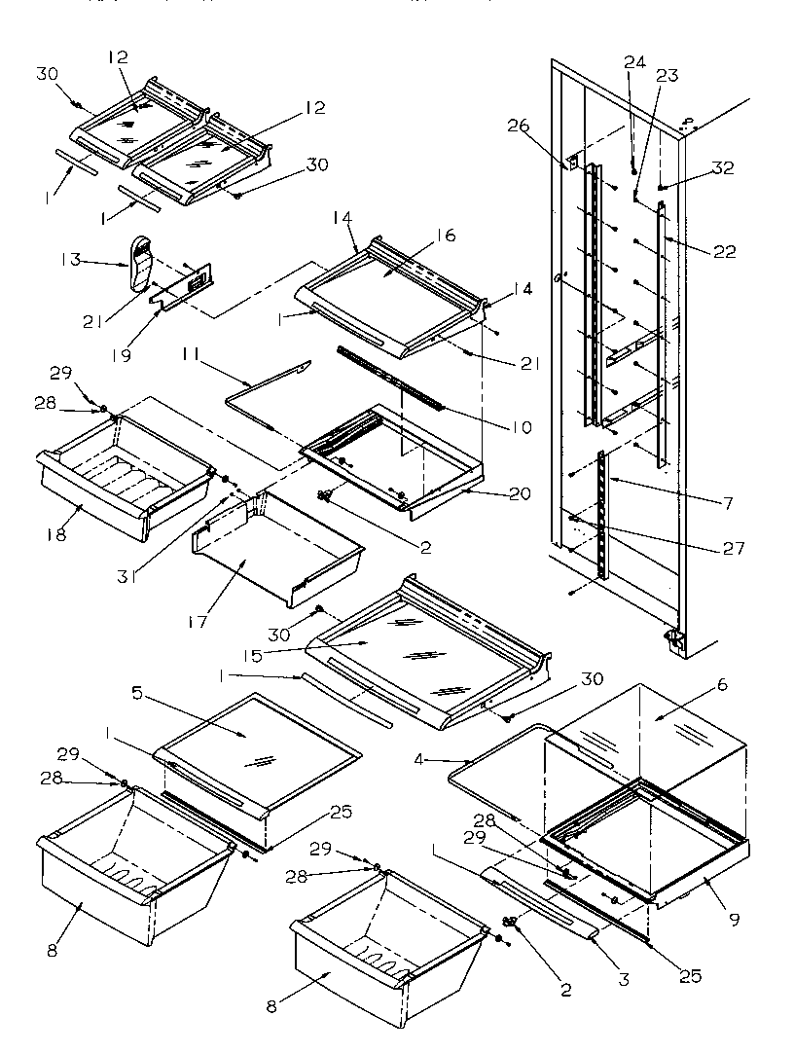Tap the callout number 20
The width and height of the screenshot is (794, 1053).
pos(520,493)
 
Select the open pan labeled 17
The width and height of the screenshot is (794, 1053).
pos(277,550)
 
